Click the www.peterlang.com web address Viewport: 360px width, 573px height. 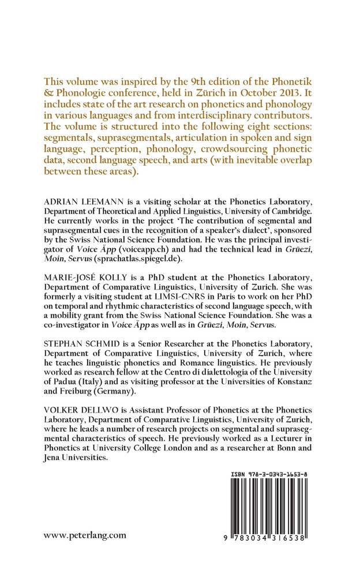[85, 535]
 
